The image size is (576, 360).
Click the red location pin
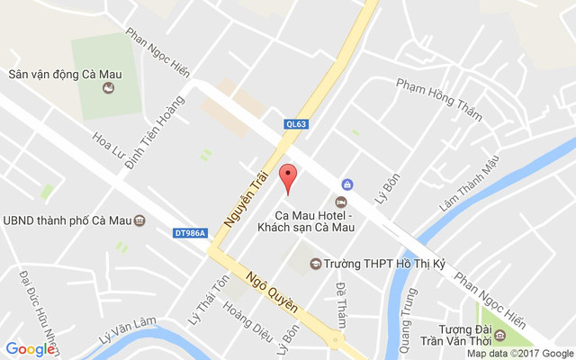[x=288, y=177]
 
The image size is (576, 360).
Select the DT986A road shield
[x=190, y=234]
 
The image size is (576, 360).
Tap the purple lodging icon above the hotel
[x=348, y=184]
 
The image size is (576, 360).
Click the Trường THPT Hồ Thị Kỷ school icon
[x=315, y=264]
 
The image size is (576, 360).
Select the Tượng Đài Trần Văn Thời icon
[x=500, y=336]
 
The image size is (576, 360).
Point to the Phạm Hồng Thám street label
[x=439, y=99]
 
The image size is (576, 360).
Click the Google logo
[x=30, y=349]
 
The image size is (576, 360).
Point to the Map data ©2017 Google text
[x=519, y=354]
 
